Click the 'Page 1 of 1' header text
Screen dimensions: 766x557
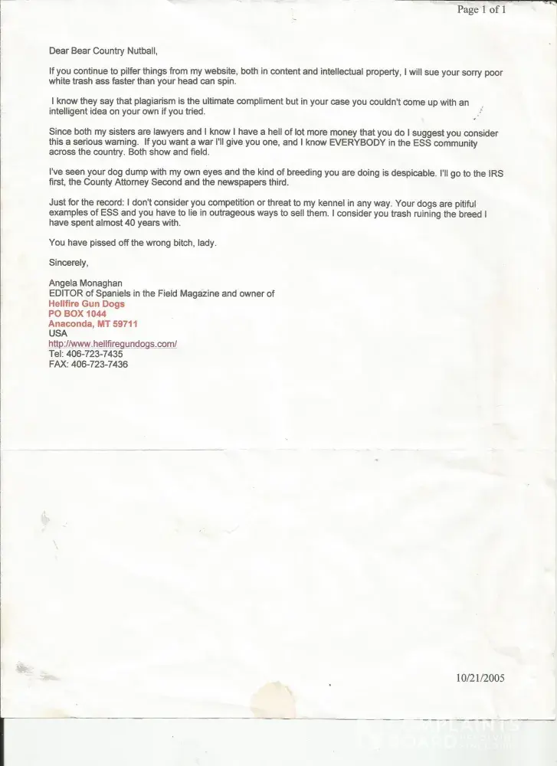[481, 9]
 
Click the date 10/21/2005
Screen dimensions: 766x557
[480, 677]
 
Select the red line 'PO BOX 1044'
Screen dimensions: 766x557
[77, 314]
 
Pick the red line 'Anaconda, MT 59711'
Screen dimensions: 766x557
[93, 324]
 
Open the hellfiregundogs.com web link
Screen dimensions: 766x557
[113, 345]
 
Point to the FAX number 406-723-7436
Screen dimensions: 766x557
[99, 365]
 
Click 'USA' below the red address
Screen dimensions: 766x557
[57, 334]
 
